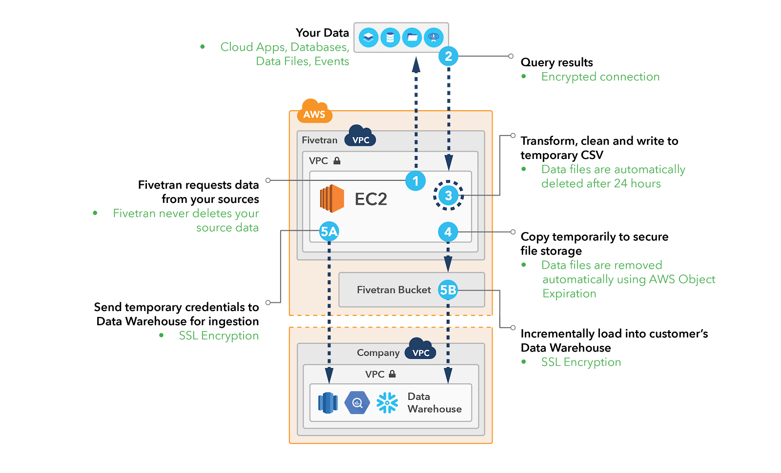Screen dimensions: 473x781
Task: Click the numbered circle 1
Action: [415, 181]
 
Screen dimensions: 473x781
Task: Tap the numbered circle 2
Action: [448, 56]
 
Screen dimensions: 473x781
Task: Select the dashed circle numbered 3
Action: [448, 196]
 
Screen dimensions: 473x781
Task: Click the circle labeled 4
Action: [448, 232]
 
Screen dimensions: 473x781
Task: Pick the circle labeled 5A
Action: [329, 232]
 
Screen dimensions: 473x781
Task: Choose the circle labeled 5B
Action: [448, 290]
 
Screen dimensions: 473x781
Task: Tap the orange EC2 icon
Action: [332, 198]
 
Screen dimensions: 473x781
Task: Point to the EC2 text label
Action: [370, 199]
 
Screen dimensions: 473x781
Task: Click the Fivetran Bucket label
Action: [393, 290]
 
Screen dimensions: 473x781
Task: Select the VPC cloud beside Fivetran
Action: [360, 137]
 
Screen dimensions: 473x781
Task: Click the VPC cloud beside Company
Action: [420, 350]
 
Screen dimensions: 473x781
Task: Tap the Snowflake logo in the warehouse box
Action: [387, 403]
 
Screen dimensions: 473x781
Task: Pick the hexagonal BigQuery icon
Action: [357, 403]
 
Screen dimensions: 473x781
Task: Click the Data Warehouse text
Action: [434, 403]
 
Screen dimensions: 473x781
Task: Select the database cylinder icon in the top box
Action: [390, 38]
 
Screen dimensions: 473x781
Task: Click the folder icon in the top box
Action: [412, 38]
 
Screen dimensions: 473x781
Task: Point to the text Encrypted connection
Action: [600, 77]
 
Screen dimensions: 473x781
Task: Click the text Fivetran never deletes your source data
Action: [185, 220]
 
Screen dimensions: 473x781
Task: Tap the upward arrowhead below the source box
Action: [416, 65]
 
